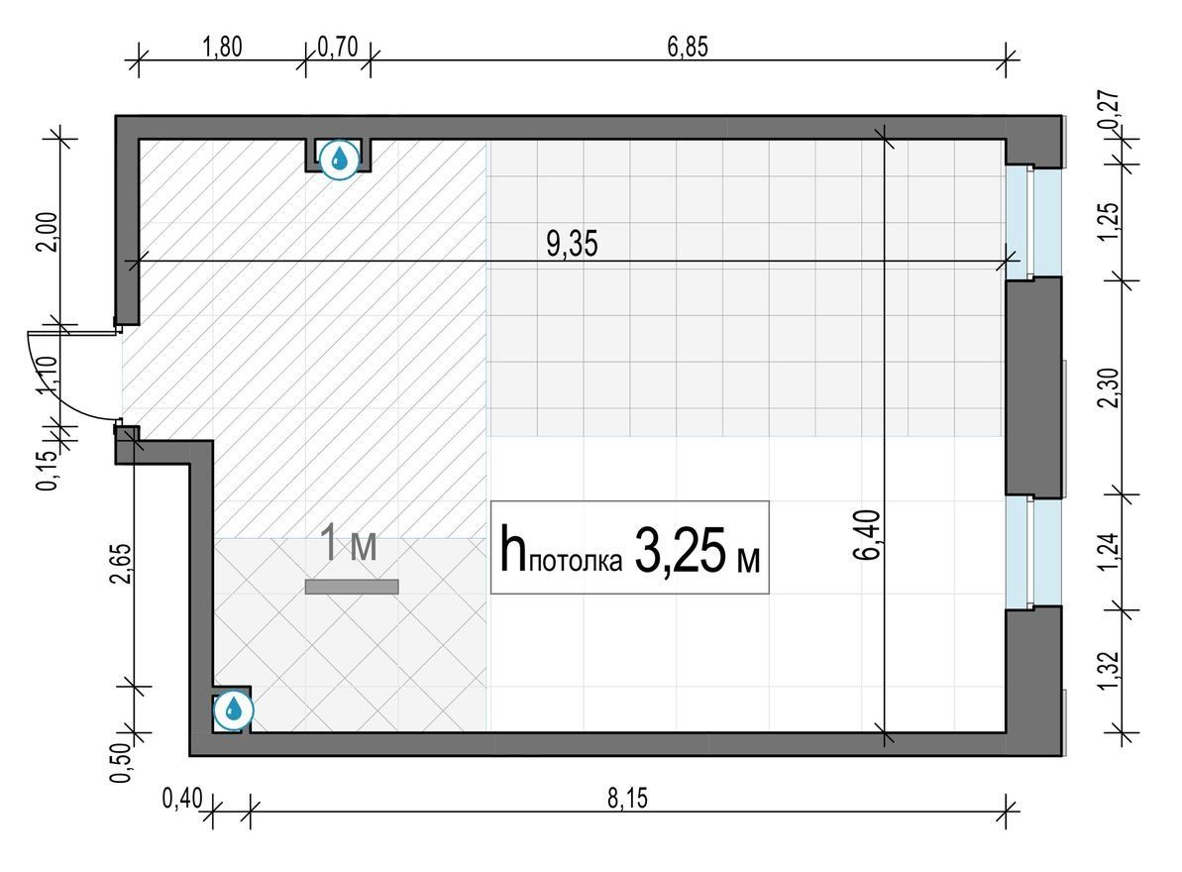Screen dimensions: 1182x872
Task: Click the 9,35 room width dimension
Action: coord(572,244)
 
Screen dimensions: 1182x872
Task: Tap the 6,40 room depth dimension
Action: coord(867,535)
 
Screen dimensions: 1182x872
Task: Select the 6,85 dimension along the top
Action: coord(688,47)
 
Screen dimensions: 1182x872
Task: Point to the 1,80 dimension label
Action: coord(222,47)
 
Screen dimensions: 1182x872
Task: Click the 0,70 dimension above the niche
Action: coord(337,47)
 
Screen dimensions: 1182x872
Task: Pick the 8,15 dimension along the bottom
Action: coord(627,798)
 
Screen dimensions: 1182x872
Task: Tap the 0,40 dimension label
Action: coord(182,798)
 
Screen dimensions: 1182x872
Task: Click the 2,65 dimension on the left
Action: coord(121,564)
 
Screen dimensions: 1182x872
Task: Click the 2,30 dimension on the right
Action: coord(1109,386)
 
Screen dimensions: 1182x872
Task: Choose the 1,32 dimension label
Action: coord(1109,670)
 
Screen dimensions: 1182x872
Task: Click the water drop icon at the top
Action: coord(339,159)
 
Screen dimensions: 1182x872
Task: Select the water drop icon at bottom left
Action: coord(234,709)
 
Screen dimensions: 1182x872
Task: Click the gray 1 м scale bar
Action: coord(352,587)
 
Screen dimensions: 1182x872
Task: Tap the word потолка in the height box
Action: coord(576,561)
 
